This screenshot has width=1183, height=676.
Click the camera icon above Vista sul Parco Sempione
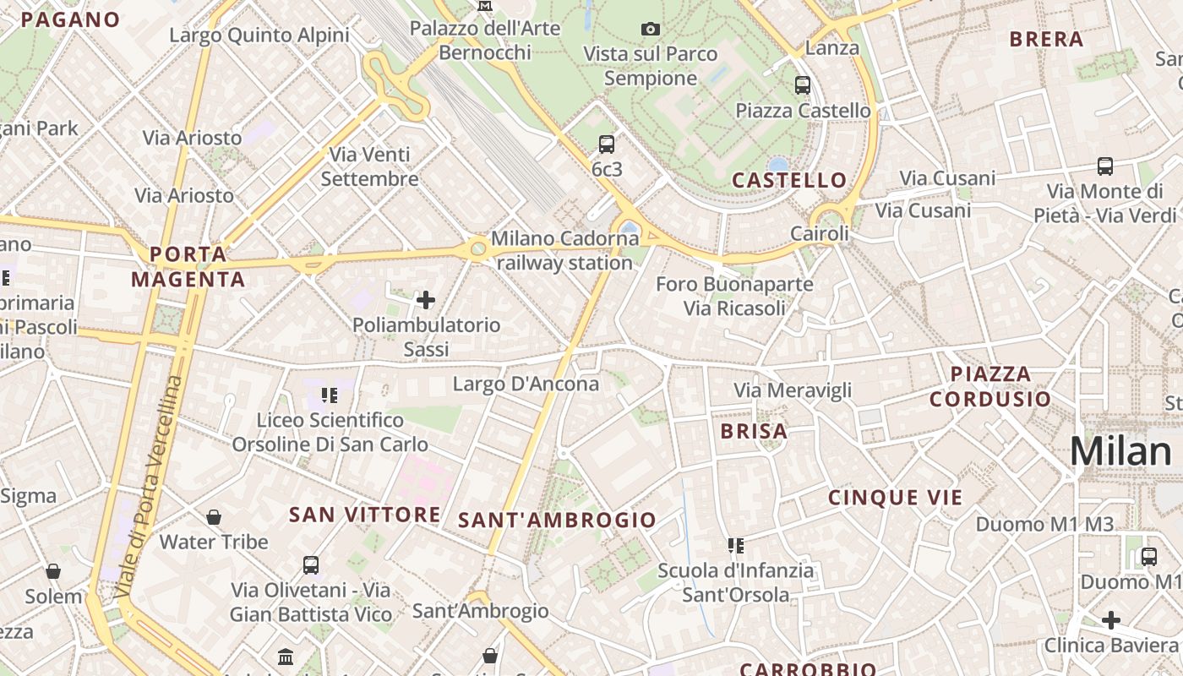650,30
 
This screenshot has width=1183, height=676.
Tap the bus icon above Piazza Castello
802,85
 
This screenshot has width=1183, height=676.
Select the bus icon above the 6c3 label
606,144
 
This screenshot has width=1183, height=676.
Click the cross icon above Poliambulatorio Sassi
426,299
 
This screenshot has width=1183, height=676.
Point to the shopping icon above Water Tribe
214,517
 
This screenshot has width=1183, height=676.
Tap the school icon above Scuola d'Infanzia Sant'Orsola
735,546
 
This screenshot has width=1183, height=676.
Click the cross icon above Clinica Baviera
1110,621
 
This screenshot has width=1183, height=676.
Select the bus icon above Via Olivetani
310,564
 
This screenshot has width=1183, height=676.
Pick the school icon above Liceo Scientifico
330,395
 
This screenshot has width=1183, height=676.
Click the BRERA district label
1046,39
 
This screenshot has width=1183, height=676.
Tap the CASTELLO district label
789,180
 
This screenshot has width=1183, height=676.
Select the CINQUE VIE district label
896,498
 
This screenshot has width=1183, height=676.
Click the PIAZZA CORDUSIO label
990,386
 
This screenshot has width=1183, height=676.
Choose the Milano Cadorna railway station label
564,250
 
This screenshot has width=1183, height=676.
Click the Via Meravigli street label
793,390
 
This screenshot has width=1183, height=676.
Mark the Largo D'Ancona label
526,384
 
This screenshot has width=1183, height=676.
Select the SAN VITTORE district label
364,515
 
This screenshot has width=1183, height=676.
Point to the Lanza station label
831,47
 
